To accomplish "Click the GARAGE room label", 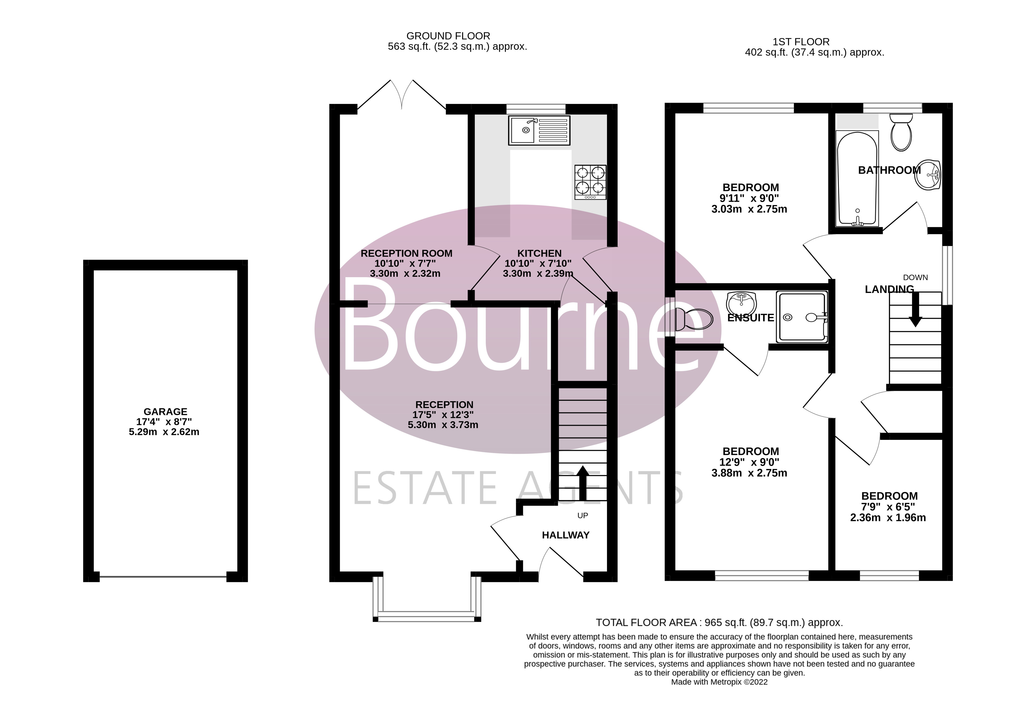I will [165, 411].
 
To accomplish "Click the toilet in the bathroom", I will [901, 133].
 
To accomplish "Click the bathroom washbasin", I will [928, 175].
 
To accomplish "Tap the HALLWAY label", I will [565, 535].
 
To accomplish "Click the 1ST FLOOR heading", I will [801, 42].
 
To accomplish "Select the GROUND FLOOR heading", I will [448, 36].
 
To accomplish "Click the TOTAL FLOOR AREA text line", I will [719, 623].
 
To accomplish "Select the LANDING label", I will [889, 290].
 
